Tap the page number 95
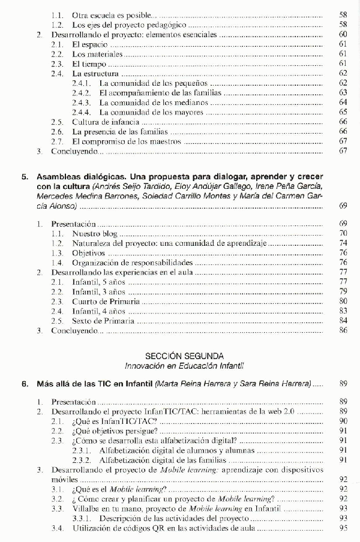[x=344, y=528]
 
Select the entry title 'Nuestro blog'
[x=95, y=233]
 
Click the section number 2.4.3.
[x=80, y=102]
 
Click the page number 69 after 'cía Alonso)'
[x=344, y=206]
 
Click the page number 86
[x=344, y=330]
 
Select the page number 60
[x=344, y=35]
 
